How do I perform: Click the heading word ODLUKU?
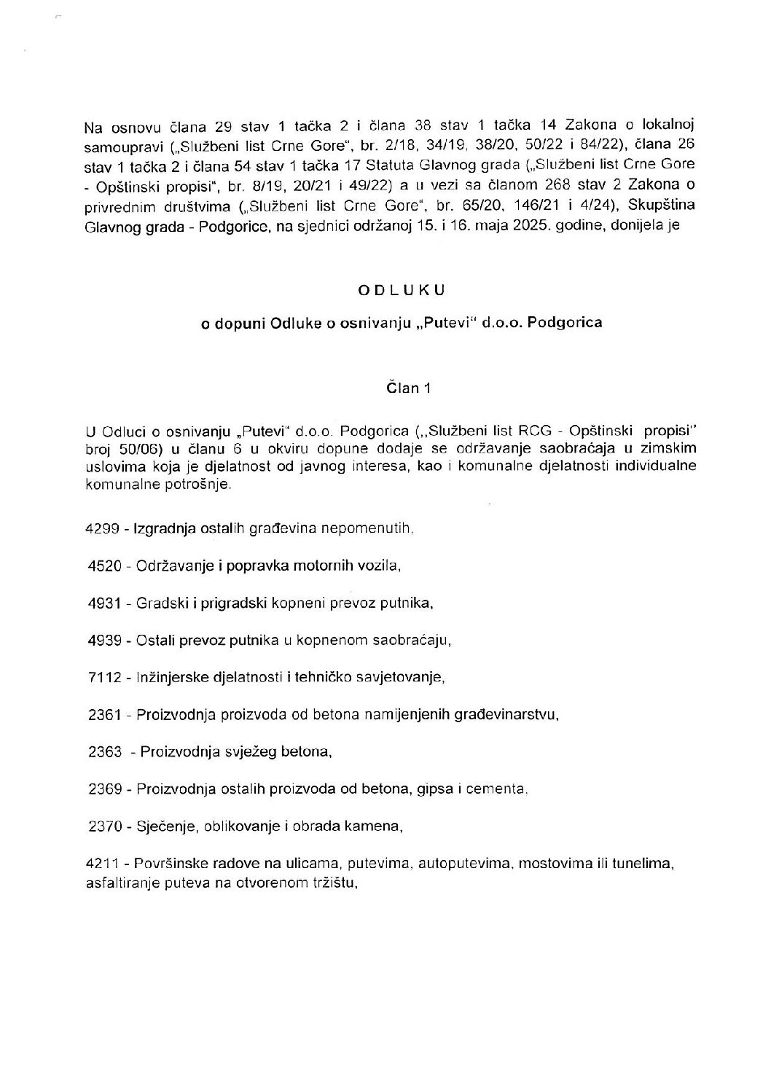402,289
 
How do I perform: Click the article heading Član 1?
408,388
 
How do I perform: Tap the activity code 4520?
102,566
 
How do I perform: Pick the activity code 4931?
102,603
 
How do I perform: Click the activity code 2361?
102,715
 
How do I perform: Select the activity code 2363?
102,752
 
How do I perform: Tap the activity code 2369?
102,789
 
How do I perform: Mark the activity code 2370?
102,826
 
